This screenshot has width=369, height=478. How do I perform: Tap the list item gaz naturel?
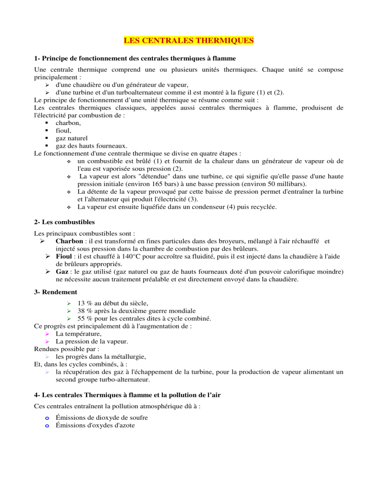click(74, 131)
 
